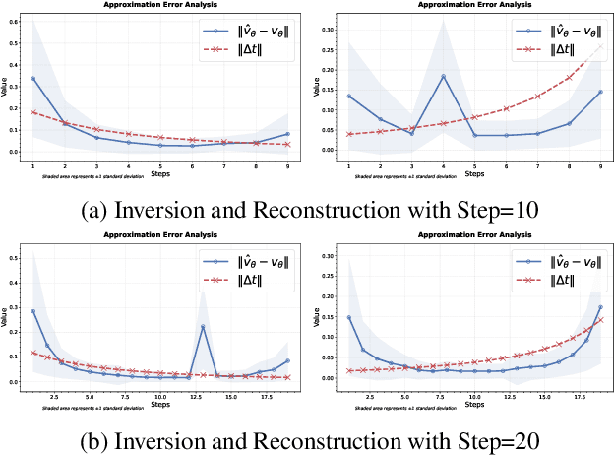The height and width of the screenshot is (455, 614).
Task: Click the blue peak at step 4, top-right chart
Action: click(443, 76)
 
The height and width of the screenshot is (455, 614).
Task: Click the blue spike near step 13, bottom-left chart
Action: click(203, 326)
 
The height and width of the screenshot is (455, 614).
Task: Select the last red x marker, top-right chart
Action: click(599, 44)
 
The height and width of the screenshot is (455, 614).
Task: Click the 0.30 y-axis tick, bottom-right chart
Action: click(323, 251)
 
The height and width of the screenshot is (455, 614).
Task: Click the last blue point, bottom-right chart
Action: click(599, 307)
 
